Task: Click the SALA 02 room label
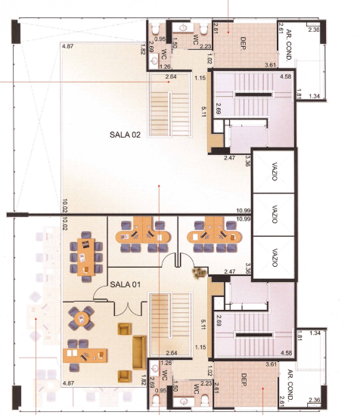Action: [x=125, y=135]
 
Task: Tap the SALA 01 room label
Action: [x=125, y=284]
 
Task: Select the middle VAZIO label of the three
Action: [x=275, y=215]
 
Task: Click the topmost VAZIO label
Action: [x=275, y=172]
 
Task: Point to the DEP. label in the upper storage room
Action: [x=243, y=43]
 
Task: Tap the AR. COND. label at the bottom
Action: [x=290, y=385]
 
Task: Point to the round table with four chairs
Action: [x=81, y=318]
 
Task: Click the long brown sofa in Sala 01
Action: [x=139, y=352]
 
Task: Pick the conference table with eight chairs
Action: [x=85, y=257]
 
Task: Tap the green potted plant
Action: [x=200, y=273]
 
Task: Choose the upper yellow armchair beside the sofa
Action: [x=124, y=329]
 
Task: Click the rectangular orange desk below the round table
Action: [x=85, y=355]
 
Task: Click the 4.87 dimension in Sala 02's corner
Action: [x=68, y=46]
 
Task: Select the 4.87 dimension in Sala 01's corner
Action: [x=68, y=383]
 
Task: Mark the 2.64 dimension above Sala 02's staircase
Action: [x=171, y=77]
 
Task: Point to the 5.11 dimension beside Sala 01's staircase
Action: [x=203, y=324]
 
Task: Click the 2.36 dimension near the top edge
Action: [x=314, y=29]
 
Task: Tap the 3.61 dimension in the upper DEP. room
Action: [x=271, y=65]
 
